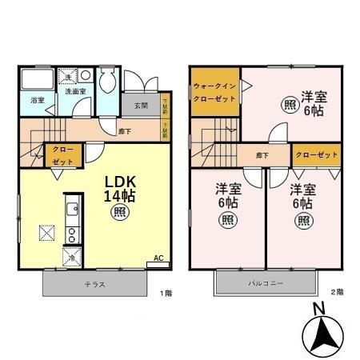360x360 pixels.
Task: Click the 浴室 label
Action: pyautogui.click(x=37, y=101)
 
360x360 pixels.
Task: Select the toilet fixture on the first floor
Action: pyautogui.click(x=108, y=83)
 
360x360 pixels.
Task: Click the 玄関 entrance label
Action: pyautogui.click(x=141, y=106)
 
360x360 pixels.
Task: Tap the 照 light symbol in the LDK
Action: pyautogui.click(x=118, y=212)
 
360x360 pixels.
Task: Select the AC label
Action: pyautogui.click(x=158, y=258)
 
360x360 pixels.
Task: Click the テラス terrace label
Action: pyautogui.click(x=94, y=283)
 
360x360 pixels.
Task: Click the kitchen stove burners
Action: pyautogui.click(x=70, y=234)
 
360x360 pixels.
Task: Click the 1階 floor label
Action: pyautogui.click(x=166, y=293)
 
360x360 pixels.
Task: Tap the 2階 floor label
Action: pyautogui.click(x=339, y=292)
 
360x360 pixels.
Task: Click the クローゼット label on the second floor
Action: pyautogui.click(x=314, y=154)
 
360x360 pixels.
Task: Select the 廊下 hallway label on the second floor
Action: pyautogui.click(x=262, y=154)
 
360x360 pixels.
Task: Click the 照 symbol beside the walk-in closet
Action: pyautogui.click(x=287, y=105)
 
